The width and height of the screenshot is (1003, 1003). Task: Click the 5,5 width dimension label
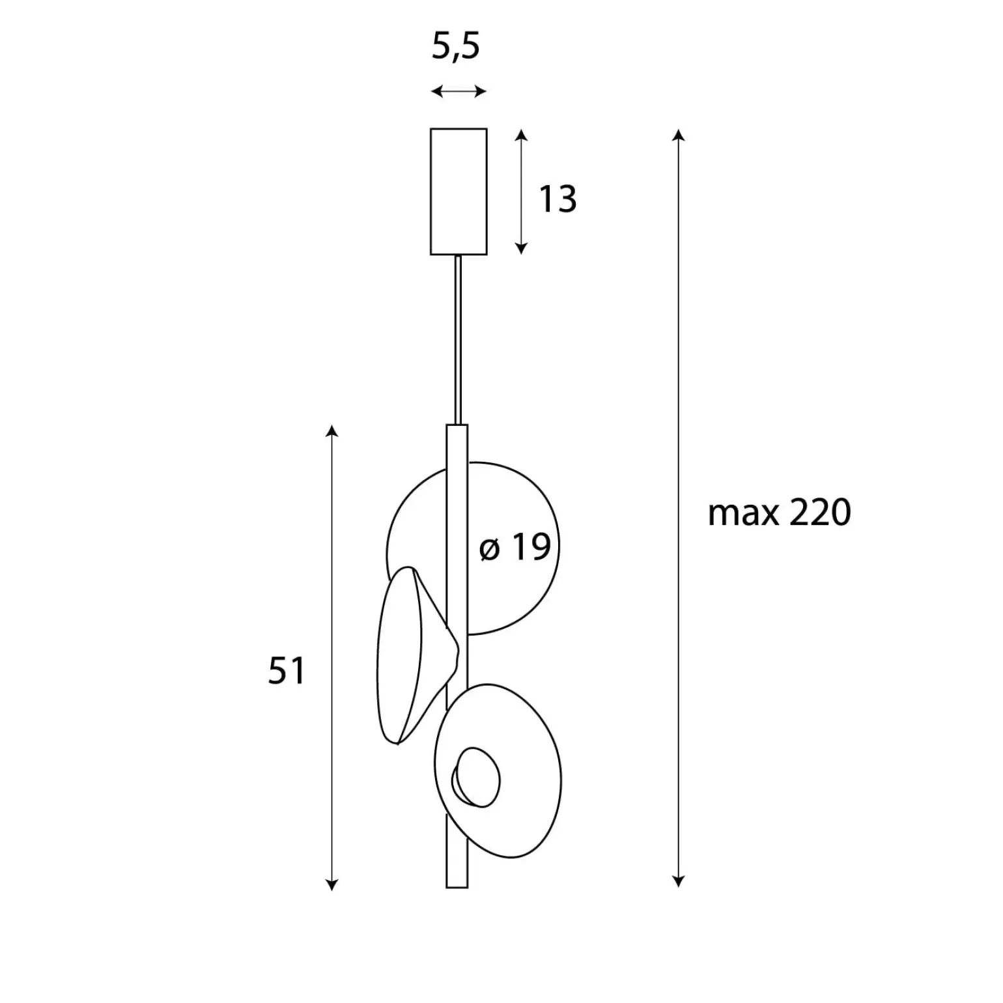pos(456,47)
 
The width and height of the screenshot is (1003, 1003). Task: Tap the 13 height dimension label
pos(558,199)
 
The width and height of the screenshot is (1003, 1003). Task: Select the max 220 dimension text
pos(779,513)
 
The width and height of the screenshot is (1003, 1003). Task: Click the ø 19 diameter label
pos(515,546)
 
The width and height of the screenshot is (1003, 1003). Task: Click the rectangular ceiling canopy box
pos(459,191)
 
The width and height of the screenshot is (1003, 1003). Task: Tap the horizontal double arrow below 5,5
pos(459,91)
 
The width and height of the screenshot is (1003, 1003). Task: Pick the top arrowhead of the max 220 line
pos(679,135)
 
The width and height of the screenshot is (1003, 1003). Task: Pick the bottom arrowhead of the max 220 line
pos(679,881)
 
